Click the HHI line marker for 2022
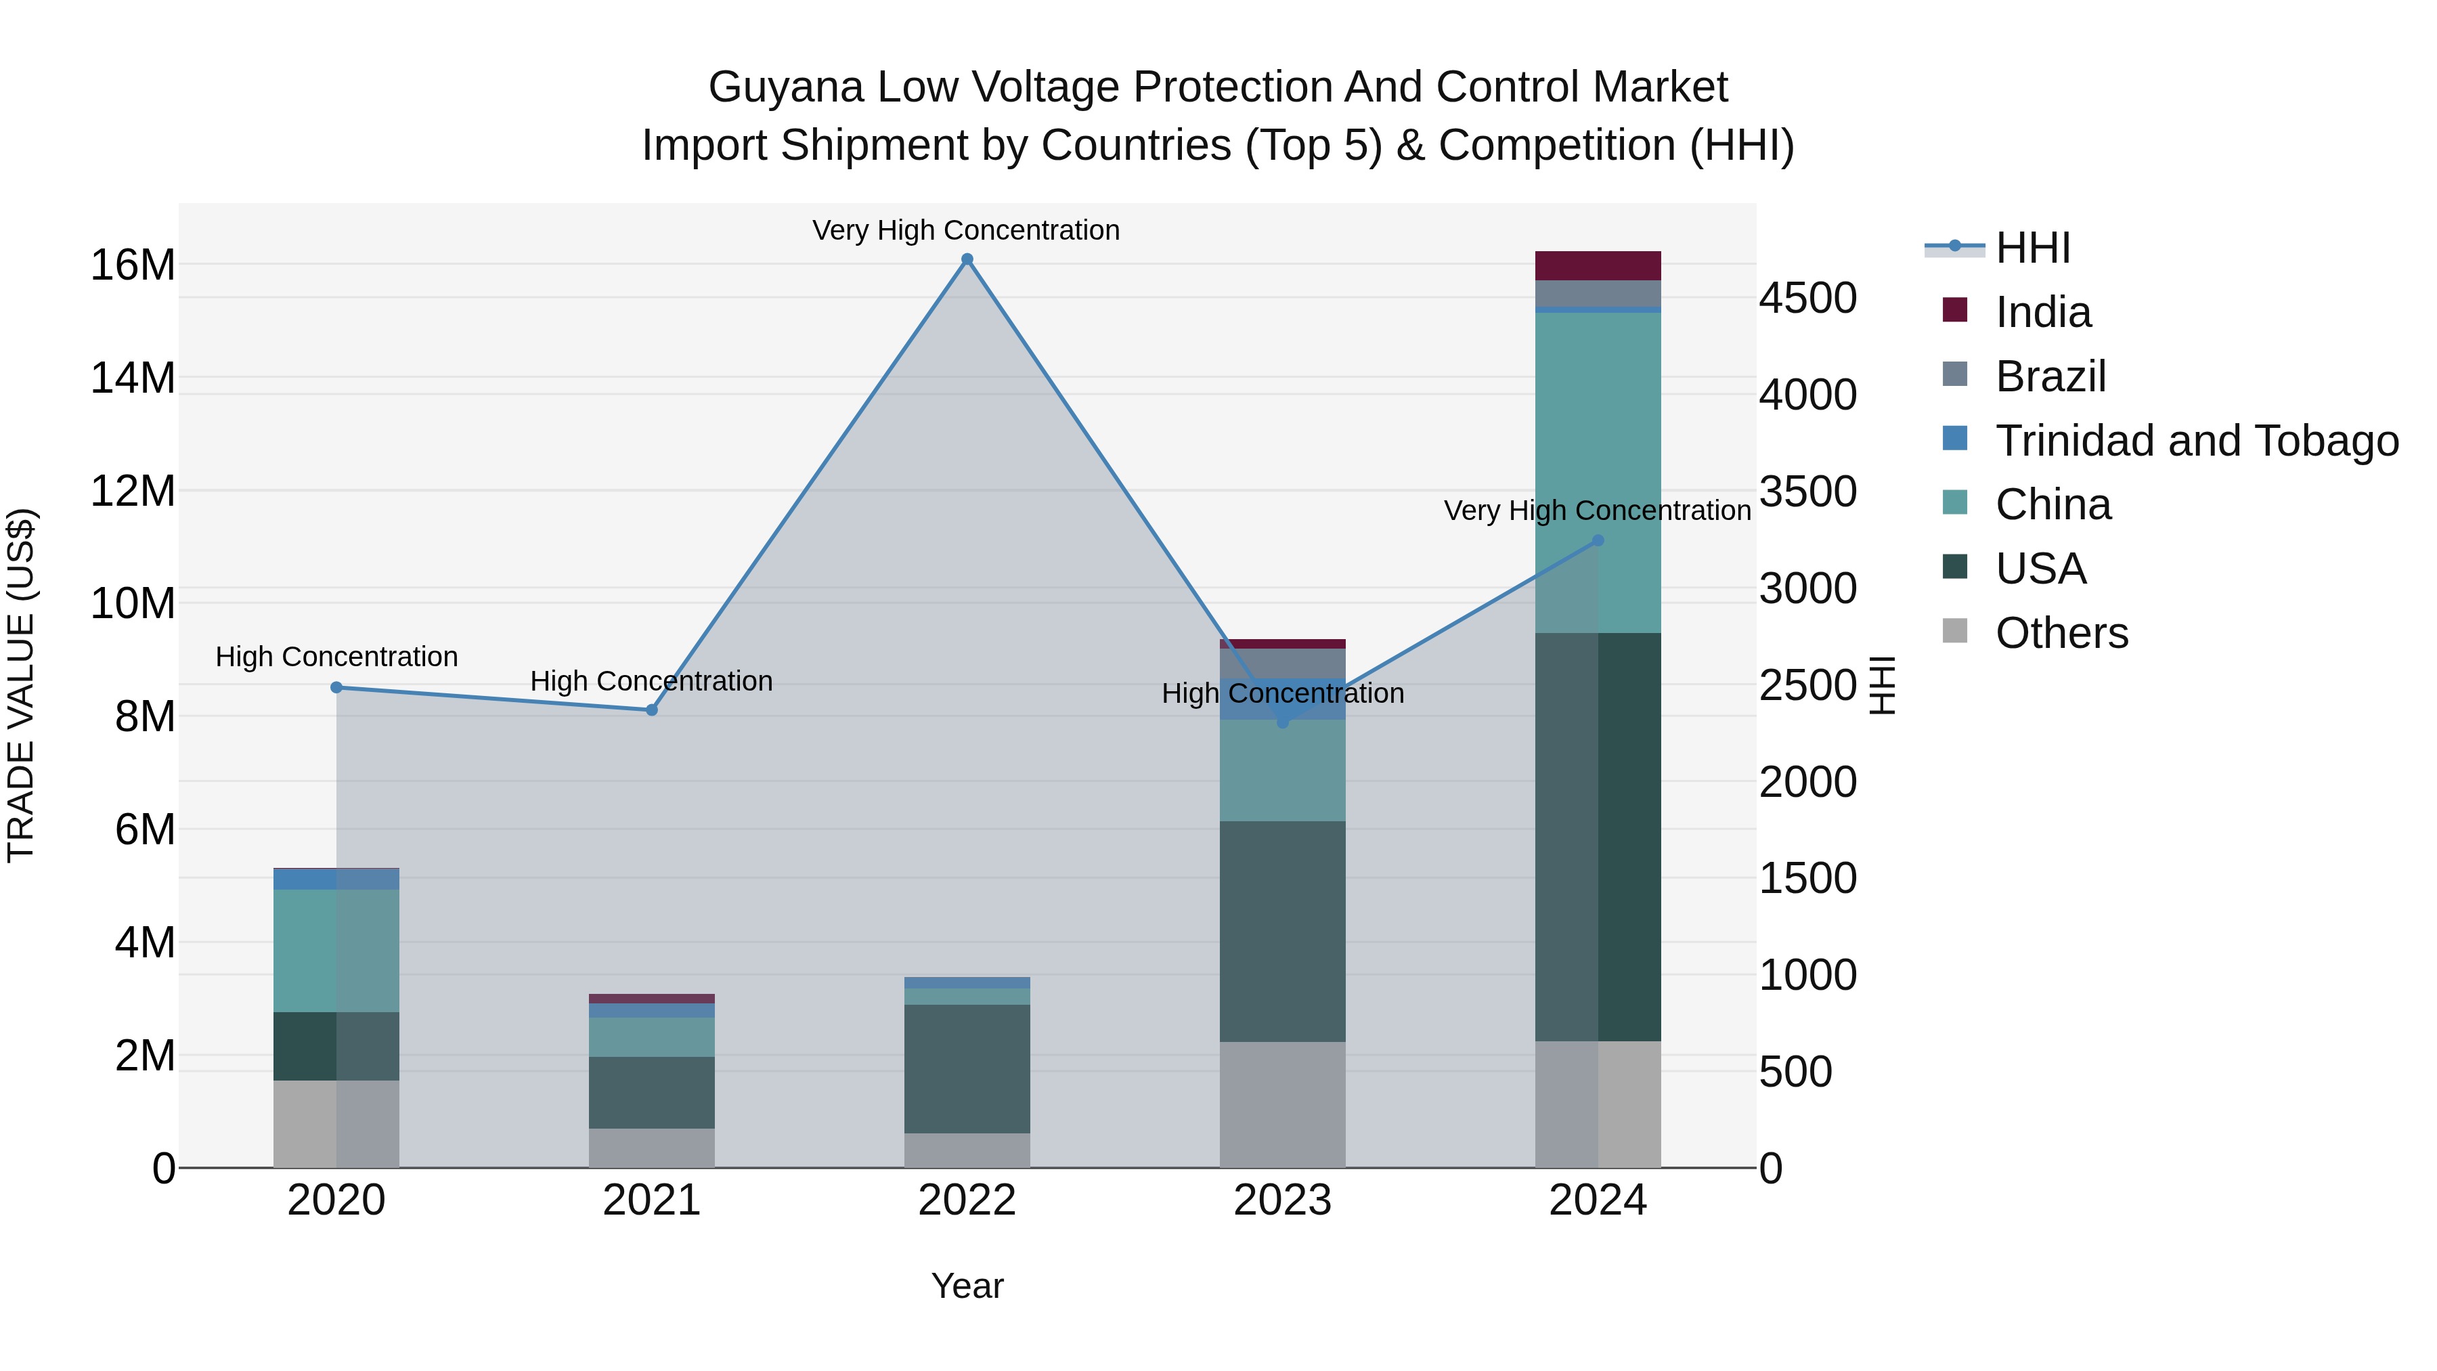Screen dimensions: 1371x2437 [x=967, y=259]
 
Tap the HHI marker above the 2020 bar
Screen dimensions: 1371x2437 [x=337, y=688]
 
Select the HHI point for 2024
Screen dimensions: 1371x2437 [x=1598, y=540]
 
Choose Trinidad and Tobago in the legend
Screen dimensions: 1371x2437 [x=2195, y=441]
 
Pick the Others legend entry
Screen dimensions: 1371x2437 [x=2061, y=633]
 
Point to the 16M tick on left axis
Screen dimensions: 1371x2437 [x=133, y=265]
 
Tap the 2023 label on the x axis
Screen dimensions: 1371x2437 [x=1282, y=1200]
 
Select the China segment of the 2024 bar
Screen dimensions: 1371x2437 [x=1598, y=473]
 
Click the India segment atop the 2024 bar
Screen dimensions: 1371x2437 [x=1598, y=266]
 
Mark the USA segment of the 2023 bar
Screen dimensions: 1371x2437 [x=1282, y=932]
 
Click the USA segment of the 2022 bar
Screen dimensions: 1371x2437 [x=967, y=1069]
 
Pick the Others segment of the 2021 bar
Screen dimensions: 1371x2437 [x=652, y=1148]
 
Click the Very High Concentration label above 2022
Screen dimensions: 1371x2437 [x=966, y=230]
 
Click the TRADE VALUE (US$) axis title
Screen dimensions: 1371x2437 [x=21, y=685]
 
